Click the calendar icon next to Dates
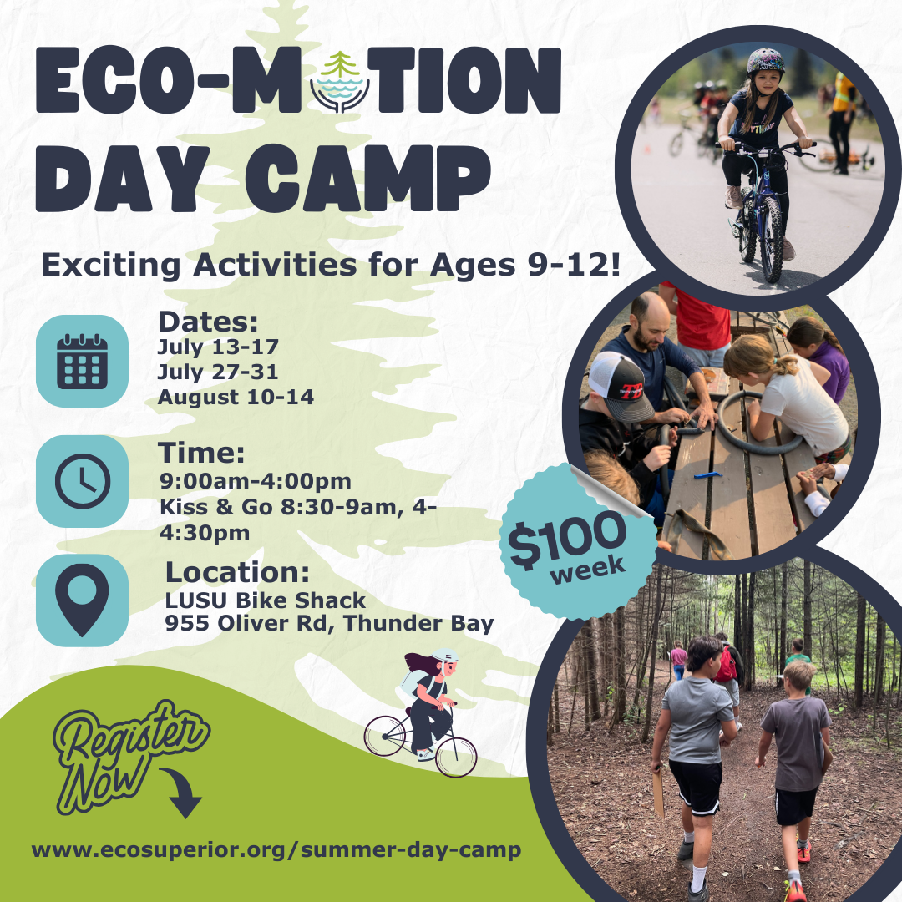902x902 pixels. click(82, 361)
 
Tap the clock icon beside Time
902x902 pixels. click(82, 481)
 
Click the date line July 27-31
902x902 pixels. click(218, 371)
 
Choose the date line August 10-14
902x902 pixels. click(236, 398)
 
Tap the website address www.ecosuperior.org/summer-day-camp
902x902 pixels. click(276, 850)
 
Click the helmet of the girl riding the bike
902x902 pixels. click(765, 61)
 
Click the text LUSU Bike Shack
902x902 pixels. click(266, 600)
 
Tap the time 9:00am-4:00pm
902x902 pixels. click(255, 481)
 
